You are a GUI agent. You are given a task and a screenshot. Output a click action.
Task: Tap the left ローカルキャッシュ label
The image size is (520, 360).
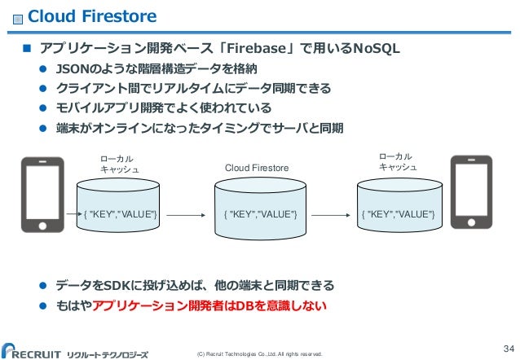[x=118, y=163]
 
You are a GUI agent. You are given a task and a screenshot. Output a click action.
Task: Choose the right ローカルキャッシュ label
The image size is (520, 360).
[x=398, y=160]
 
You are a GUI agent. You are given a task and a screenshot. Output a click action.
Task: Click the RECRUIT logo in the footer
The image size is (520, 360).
[x=41, y=350]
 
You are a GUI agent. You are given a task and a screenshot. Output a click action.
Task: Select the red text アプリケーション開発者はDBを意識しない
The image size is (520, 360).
[x=209, y=306]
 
